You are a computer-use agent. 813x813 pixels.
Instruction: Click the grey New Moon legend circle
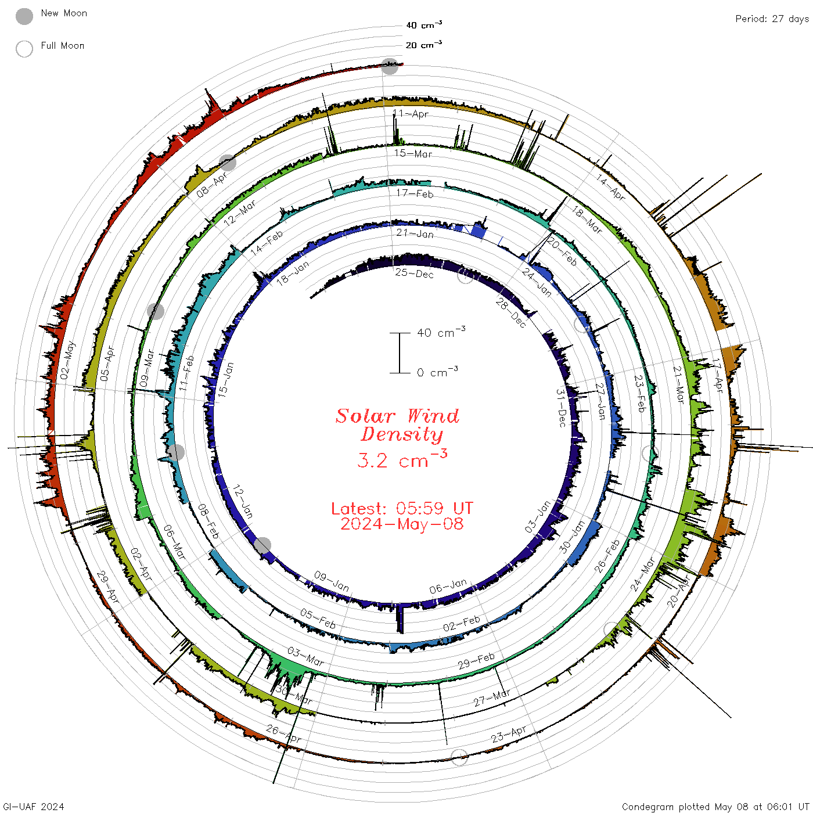24,16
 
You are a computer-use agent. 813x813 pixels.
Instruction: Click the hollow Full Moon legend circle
24,49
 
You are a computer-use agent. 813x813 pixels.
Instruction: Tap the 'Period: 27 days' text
772,19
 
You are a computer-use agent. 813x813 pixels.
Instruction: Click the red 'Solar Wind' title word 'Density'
402,434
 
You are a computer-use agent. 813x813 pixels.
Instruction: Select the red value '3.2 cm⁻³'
402,459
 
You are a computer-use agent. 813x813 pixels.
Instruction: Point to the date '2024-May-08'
402,524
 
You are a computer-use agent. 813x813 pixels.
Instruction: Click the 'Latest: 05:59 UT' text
402,508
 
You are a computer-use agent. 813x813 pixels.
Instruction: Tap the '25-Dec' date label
414,273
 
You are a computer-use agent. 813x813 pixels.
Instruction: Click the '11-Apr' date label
411,113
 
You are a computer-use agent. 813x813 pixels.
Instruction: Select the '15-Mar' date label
413,153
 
